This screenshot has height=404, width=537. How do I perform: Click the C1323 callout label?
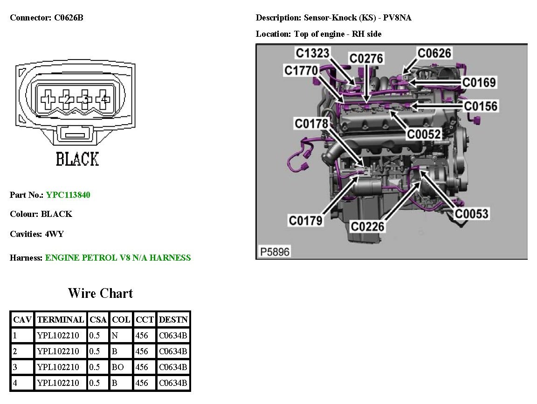coord(312,54)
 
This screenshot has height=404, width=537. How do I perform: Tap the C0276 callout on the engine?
coord(366,58)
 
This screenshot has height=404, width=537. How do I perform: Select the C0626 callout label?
coord(434,53)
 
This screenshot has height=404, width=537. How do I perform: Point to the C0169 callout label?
coord(479,82)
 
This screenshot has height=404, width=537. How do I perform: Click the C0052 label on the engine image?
coord(424,134)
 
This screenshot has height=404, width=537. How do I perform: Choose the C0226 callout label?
coord(367,227)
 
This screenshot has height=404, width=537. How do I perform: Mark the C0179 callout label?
coord(306,221)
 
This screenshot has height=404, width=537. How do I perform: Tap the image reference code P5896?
coord(275,252)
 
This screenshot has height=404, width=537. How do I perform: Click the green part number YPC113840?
coord(68,195)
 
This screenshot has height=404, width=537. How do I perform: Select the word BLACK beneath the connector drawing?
coord(77,159)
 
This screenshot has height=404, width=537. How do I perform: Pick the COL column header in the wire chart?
coord(121,320)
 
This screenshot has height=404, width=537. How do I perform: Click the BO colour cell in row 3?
coord(118,367)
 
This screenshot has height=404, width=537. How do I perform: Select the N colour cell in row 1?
coord(115,336)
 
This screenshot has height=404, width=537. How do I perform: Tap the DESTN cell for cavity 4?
coord(173,383)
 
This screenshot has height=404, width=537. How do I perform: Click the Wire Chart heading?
coord(100,293)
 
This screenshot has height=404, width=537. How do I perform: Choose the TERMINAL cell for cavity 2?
coord(58,351)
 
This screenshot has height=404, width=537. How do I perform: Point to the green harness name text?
coord(118,257)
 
